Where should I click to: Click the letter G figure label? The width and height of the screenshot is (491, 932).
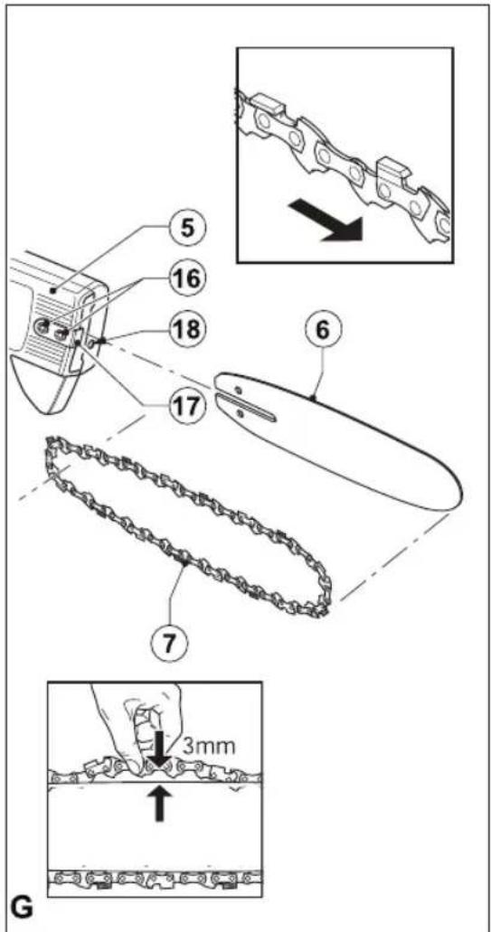tap(22, 909)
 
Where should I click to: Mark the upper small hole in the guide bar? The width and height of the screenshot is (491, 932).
tap(238, 390)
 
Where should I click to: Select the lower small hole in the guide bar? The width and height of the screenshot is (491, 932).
tap(239, 413)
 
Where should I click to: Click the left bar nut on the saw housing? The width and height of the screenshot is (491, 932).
tap(42, 325)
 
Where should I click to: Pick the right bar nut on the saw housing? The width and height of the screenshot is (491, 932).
tap(60, 334)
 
